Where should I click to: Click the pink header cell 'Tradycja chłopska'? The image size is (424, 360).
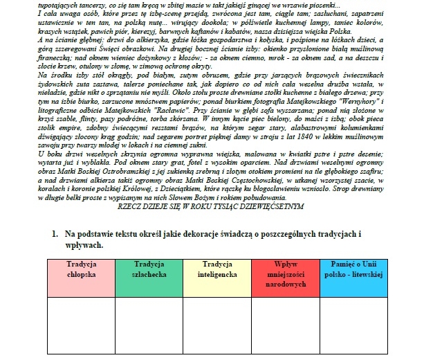coord(82,275)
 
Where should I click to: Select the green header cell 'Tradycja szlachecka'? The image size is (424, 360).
coord(150,275)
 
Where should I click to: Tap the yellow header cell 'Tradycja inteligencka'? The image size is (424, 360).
coord(218,275)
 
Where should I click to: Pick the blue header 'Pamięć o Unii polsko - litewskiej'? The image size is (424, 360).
coord(353,275)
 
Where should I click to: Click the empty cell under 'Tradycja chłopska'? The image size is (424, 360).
coord(82,325)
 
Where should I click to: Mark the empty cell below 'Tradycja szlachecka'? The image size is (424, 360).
coord(150,325)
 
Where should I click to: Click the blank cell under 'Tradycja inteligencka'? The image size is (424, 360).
coord(218,325)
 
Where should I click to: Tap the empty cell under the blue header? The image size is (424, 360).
coord(353,325)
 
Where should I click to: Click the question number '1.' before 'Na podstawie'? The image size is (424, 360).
coord(55,235)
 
